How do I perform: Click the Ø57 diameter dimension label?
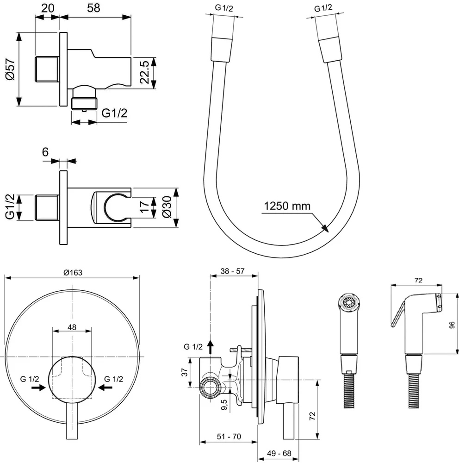[10, 69]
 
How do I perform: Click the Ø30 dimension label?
[167, 208]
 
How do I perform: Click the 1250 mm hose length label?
[287, 206]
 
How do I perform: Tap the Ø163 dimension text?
[73, 273]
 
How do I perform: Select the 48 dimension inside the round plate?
[72, 327]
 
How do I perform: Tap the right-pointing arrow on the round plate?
[36, 388]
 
